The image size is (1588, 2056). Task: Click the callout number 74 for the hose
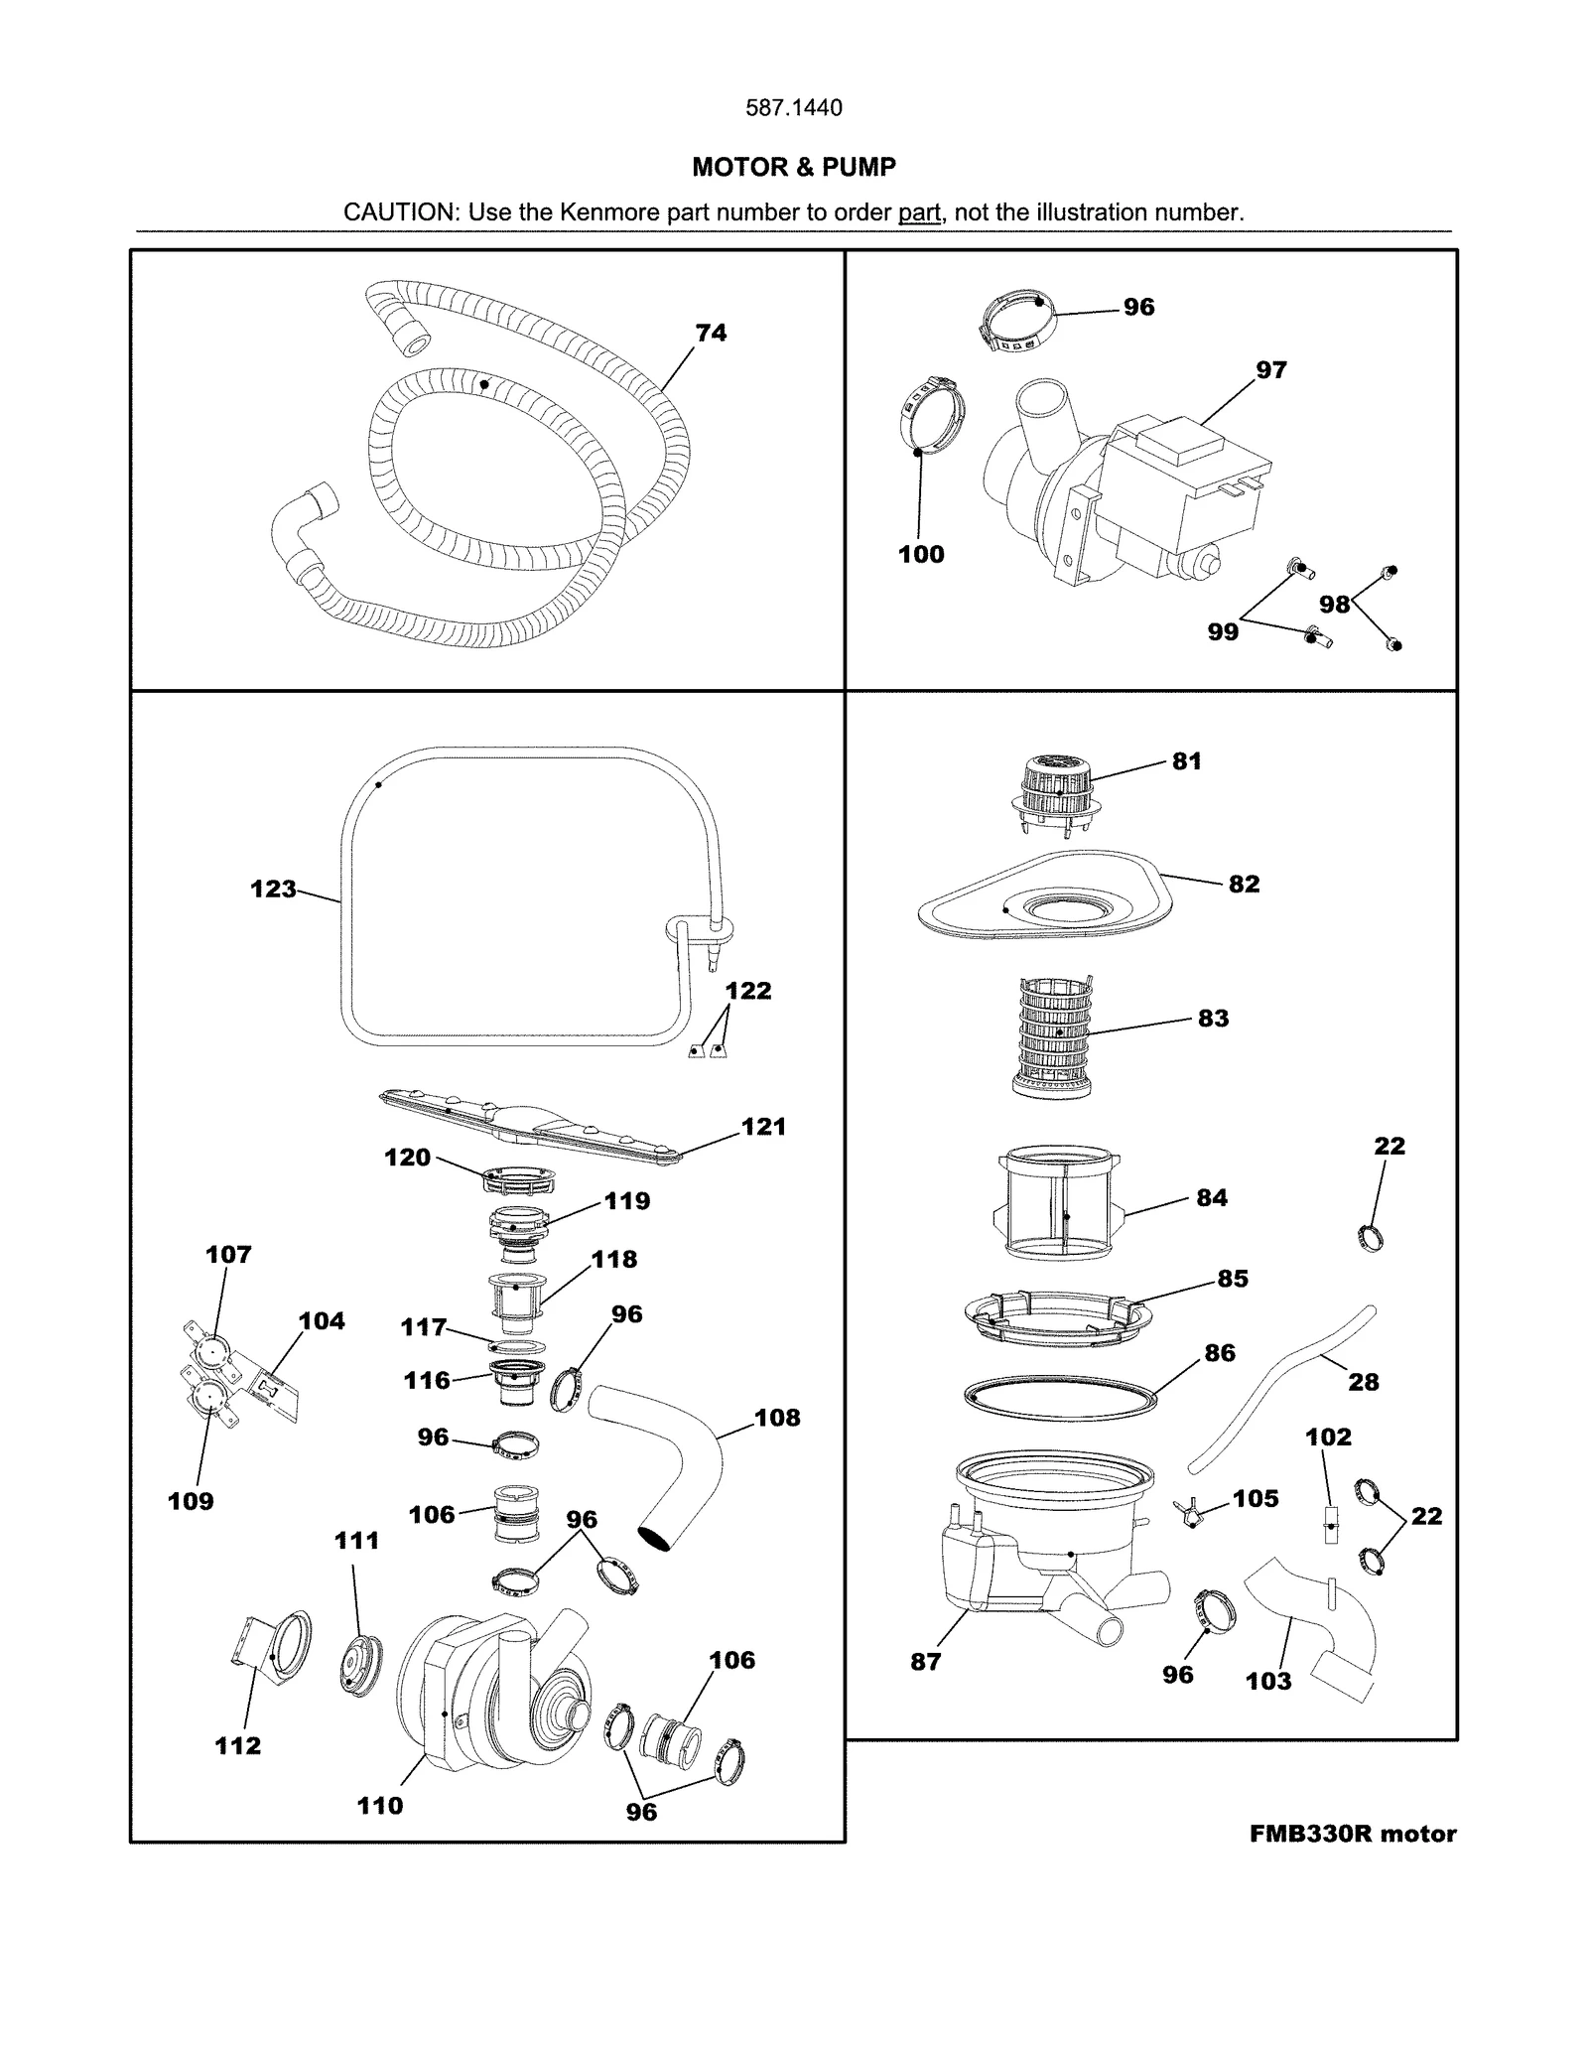click(711, 333)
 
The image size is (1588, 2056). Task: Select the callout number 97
click(1270, 369)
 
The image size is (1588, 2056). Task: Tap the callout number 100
click(921, 554)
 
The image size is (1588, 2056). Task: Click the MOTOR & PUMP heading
click(793, 167)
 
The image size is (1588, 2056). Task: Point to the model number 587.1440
click(793, 107)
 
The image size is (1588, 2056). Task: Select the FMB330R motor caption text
click(1352, 1834)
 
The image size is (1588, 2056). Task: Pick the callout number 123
click(273, 889)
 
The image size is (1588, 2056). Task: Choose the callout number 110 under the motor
click(380, 1805)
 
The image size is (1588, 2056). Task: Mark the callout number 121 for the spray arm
click(763, 1126)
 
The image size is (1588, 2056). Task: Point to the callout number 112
click(238, 1745)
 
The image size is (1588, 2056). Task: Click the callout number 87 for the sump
click(925, 1661)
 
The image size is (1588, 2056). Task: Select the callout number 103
click(1268, 1681)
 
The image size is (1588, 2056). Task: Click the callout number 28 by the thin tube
click(1363, 1381)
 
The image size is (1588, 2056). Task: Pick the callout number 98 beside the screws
click(1334, 604)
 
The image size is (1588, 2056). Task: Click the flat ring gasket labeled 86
click(1061, 1396)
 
